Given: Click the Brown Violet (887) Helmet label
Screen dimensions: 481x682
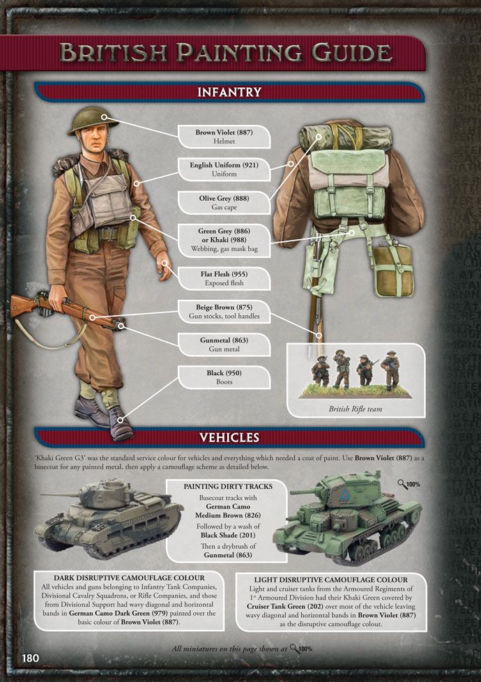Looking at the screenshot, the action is point(224,137).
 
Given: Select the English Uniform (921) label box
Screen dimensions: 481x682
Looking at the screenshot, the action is point(224,169).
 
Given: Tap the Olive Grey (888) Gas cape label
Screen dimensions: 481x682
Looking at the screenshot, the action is point(224,203).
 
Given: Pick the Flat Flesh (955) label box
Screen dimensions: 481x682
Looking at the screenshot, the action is point(224,278).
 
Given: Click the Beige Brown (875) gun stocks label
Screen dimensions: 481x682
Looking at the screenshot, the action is point(224,312).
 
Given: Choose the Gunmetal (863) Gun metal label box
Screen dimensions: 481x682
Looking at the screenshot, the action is point(224,344).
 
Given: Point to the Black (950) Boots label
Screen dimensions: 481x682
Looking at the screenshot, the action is point(224,377).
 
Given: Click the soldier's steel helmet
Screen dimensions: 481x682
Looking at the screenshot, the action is point(93,120).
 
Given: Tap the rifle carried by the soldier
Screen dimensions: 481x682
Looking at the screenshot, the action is point(66,311).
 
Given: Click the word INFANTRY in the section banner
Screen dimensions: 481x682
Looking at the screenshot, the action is point(229,92).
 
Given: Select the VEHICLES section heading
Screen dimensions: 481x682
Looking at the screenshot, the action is point(229,437).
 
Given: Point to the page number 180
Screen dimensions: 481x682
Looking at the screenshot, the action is point(31,658).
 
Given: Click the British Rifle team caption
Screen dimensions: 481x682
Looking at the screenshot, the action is point(356,409).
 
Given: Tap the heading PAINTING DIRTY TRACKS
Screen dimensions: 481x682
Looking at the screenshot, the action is point(228,486).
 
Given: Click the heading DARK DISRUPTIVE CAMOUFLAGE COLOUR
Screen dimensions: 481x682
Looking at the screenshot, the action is point(129,578).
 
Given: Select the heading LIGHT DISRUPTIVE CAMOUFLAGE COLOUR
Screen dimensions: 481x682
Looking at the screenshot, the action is point(331,579).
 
